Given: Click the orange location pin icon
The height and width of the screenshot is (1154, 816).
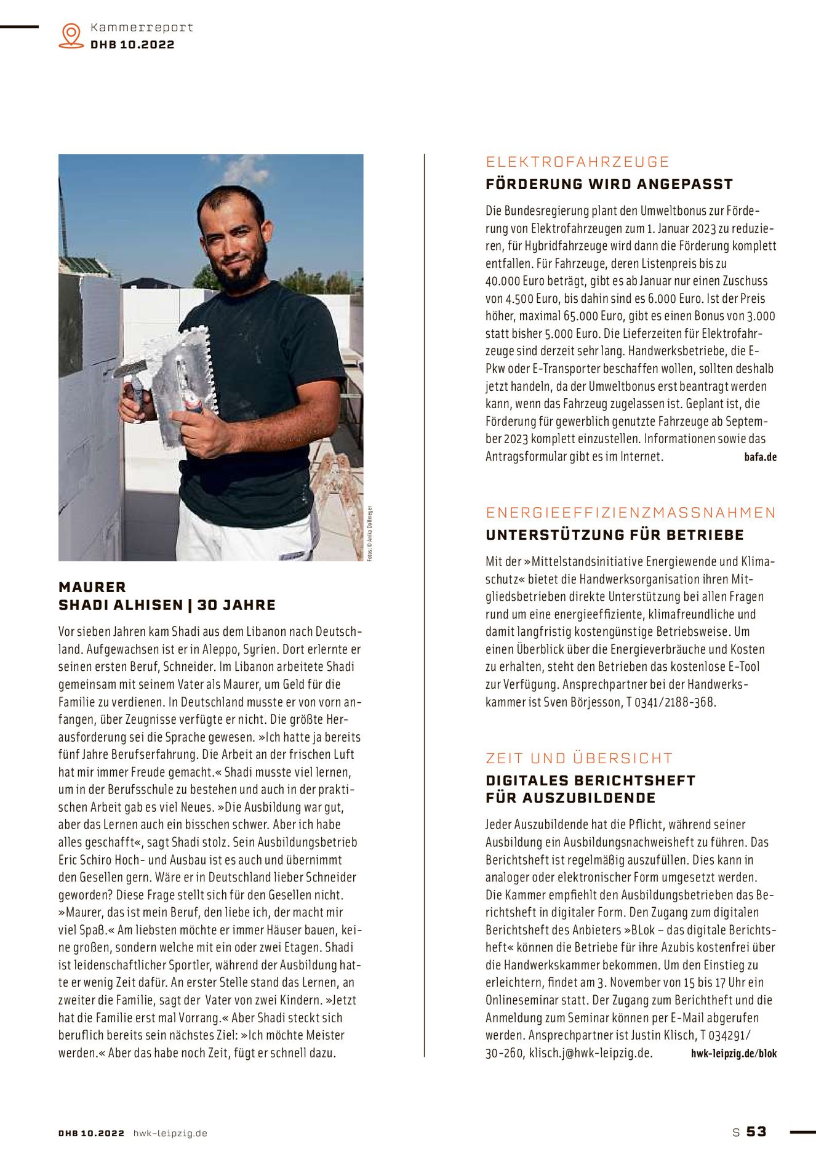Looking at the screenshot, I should pyautogui.click(x=71, y=36).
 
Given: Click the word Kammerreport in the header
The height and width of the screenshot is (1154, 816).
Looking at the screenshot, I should pyautogui.click(x=142, y=28).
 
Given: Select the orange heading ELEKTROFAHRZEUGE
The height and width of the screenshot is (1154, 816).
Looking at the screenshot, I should pyautogui.click(x=577, y=162).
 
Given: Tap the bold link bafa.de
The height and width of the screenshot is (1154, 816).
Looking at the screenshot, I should pyautogui.click(x=760, y=457).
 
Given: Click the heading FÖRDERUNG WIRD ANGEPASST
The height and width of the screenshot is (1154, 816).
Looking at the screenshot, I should pyautogui.click(x=609, y=184).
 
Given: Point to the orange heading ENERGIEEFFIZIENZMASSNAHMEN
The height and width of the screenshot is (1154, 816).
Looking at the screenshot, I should pyautogui.click(x=631, y=513).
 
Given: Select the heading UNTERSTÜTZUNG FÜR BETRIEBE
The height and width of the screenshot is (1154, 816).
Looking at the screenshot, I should pyautogui.click(x=615, y=535).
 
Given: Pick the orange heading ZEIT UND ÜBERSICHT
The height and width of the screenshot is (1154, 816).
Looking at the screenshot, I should pyautogui.click(x=579, y=758).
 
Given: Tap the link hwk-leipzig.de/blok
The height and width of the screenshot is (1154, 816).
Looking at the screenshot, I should pyautogui.click(x=734, y=1053).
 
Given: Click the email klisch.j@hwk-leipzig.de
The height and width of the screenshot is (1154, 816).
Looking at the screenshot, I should pyautogui.click(x=590, y=1053).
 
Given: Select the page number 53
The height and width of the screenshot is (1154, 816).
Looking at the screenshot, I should pyautogui.click(x=756, y=1132).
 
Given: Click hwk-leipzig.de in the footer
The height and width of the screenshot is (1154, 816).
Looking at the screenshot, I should pyautogui.click(x=170, y=1133).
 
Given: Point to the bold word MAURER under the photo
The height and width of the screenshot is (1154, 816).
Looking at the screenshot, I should pyautogui.click(x=92, y=587).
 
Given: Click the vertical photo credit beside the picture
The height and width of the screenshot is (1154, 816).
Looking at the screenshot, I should pyautogui.click(x=370, y=532).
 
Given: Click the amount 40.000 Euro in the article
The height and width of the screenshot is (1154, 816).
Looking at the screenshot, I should pyautogui.click(x=516, y=281).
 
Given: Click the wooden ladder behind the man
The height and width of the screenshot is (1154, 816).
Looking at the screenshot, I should pyautogui.click(x=338, y=486).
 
